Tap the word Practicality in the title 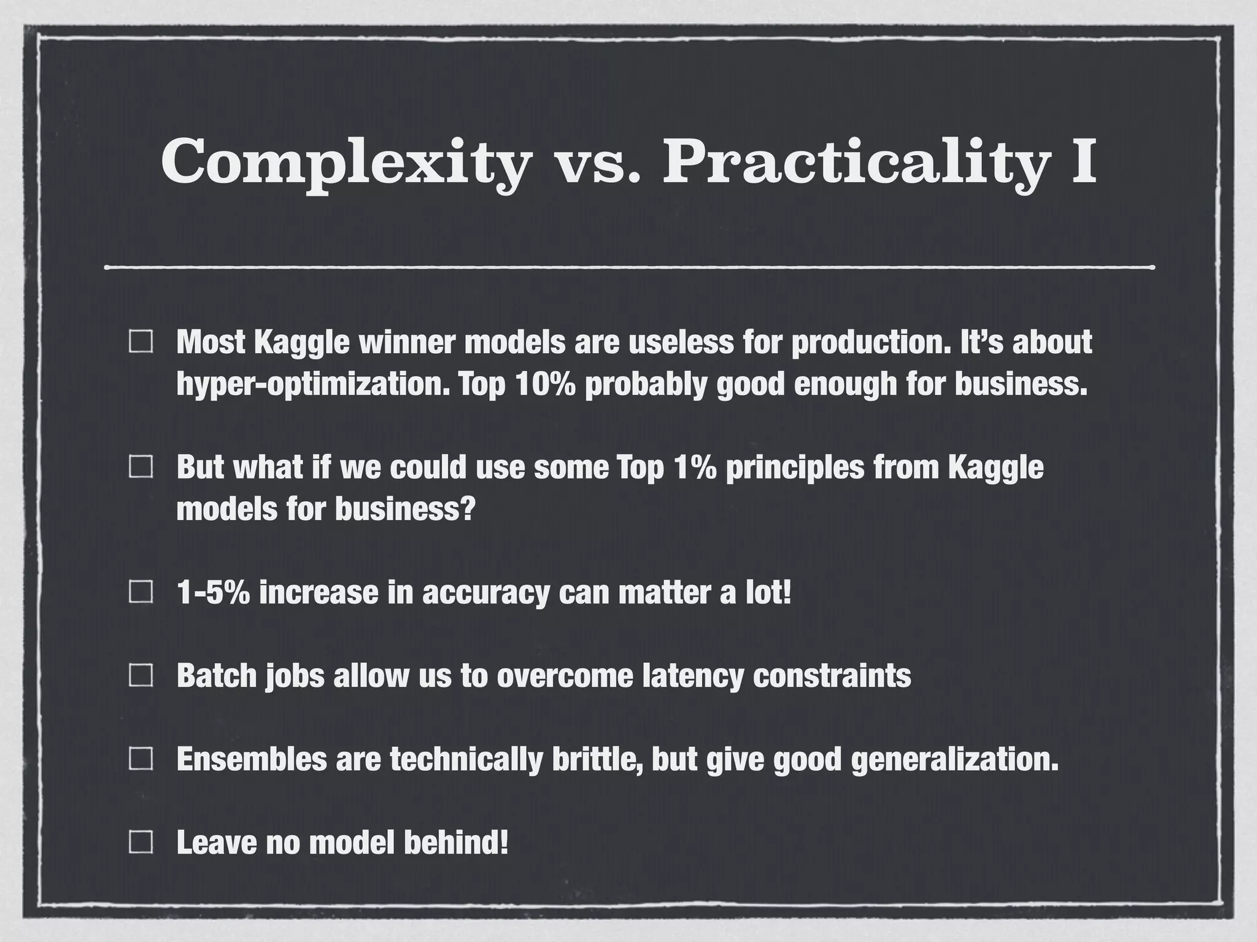click(x=853, y=161)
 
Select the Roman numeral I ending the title click(x=1083, y=161)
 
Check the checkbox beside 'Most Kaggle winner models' click(x=141, y=342)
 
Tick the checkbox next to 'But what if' click(x=141, y=468)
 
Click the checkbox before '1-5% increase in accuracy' click(x=141, y=592)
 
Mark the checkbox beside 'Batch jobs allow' click(x=141, y=676)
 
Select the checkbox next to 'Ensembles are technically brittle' click(x=141, y=759)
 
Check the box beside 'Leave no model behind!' click(x=141, y=843)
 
